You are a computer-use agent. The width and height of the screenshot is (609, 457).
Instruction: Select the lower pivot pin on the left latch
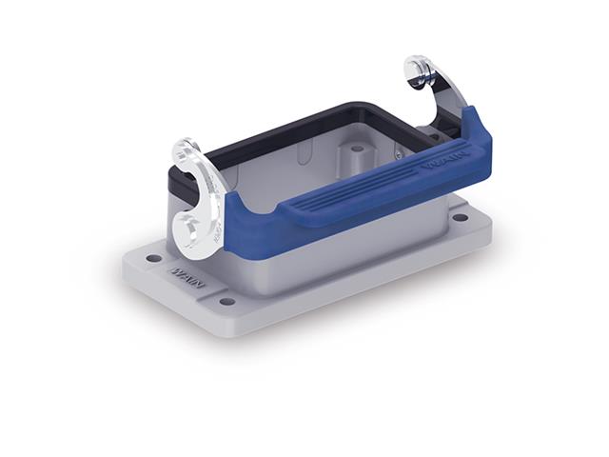point(187,227)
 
